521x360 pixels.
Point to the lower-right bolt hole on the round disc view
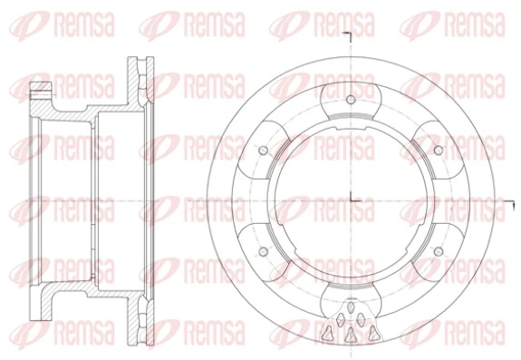coord(437,250)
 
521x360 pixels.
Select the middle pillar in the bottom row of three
coord(349,336)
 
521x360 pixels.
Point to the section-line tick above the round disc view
coord(349,36)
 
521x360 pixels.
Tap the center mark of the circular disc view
coord(349,199)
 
